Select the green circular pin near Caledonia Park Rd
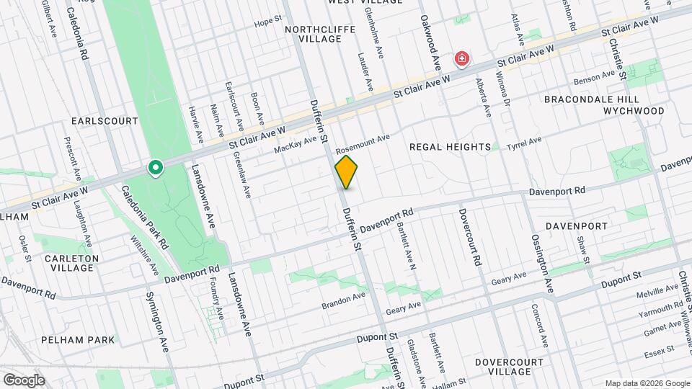154,168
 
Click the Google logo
24,380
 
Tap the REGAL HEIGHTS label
450,146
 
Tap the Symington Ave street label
158,321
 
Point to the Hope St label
267,23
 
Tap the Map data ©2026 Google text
647,383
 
